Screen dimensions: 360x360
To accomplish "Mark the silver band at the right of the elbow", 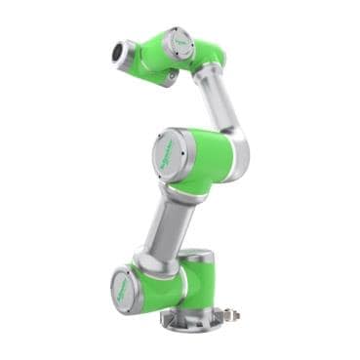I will pos(240,148).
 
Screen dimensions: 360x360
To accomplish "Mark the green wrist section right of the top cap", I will pos(207,53).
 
